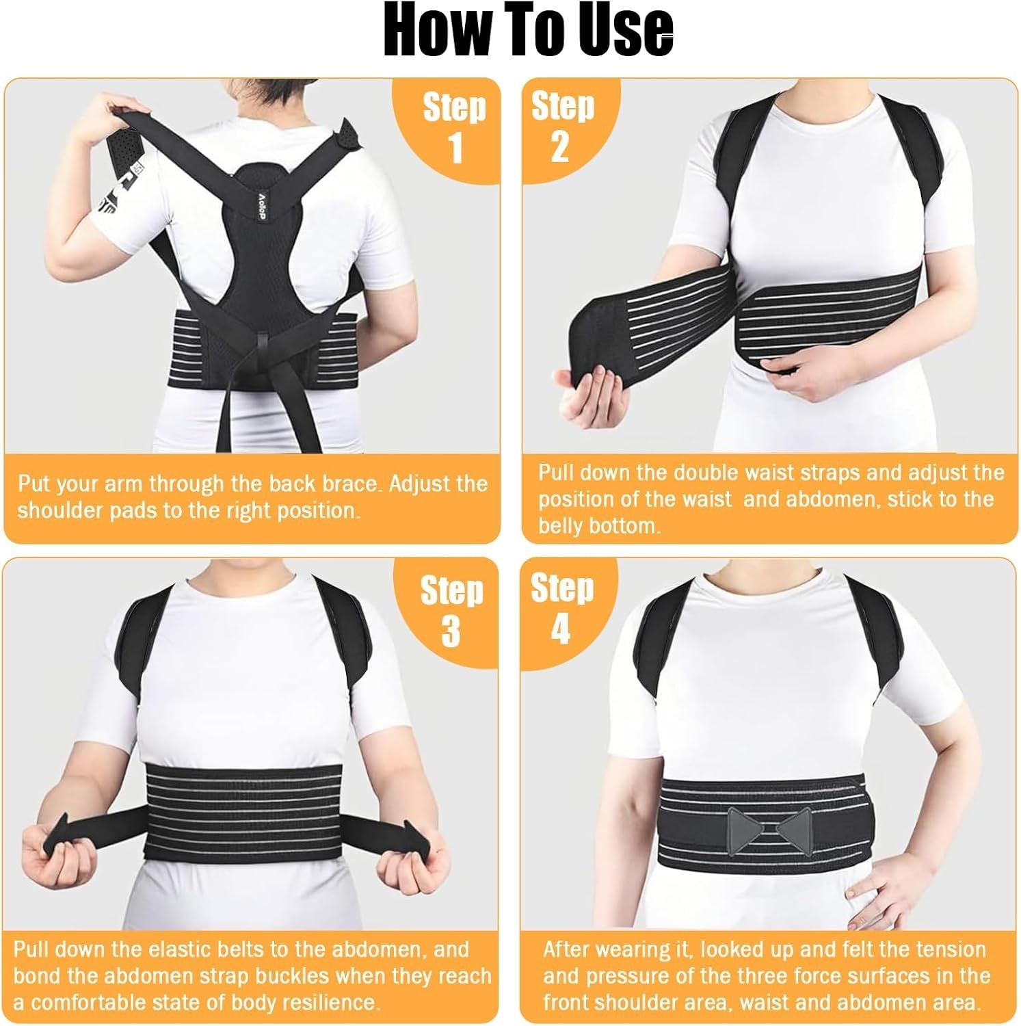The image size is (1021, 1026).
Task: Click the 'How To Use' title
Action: coord(528,31)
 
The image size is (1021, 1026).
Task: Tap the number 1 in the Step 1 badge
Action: coord(455,147)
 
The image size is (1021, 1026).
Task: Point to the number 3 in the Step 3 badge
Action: coord(451,631)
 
